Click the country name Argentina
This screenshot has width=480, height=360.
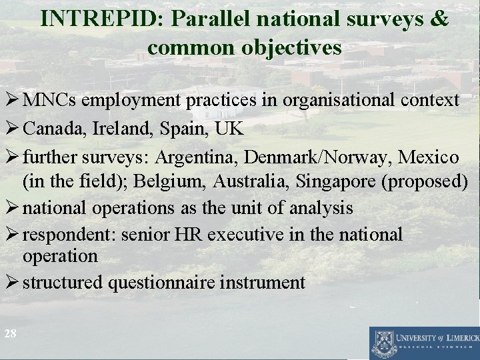tap(198, 158)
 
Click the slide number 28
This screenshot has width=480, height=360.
tap(9, 334)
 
